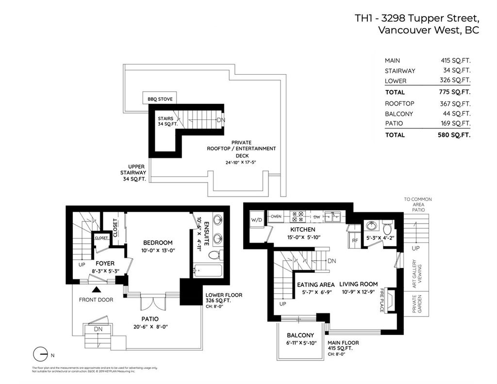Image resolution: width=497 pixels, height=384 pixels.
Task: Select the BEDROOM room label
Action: click(158, 242)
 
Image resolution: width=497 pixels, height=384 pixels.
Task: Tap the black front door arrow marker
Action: click(97, 289)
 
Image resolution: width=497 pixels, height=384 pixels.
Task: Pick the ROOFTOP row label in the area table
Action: click(399, 103)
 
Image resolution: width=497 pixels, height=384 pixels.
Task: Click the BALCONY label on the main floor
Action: click(300, 335)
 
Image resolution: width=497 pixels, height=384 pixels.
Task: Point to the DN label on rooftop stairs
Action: click(221, 120)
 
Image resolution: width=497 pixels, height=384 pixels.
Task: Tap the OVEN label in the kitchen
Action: click(276, 216)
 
